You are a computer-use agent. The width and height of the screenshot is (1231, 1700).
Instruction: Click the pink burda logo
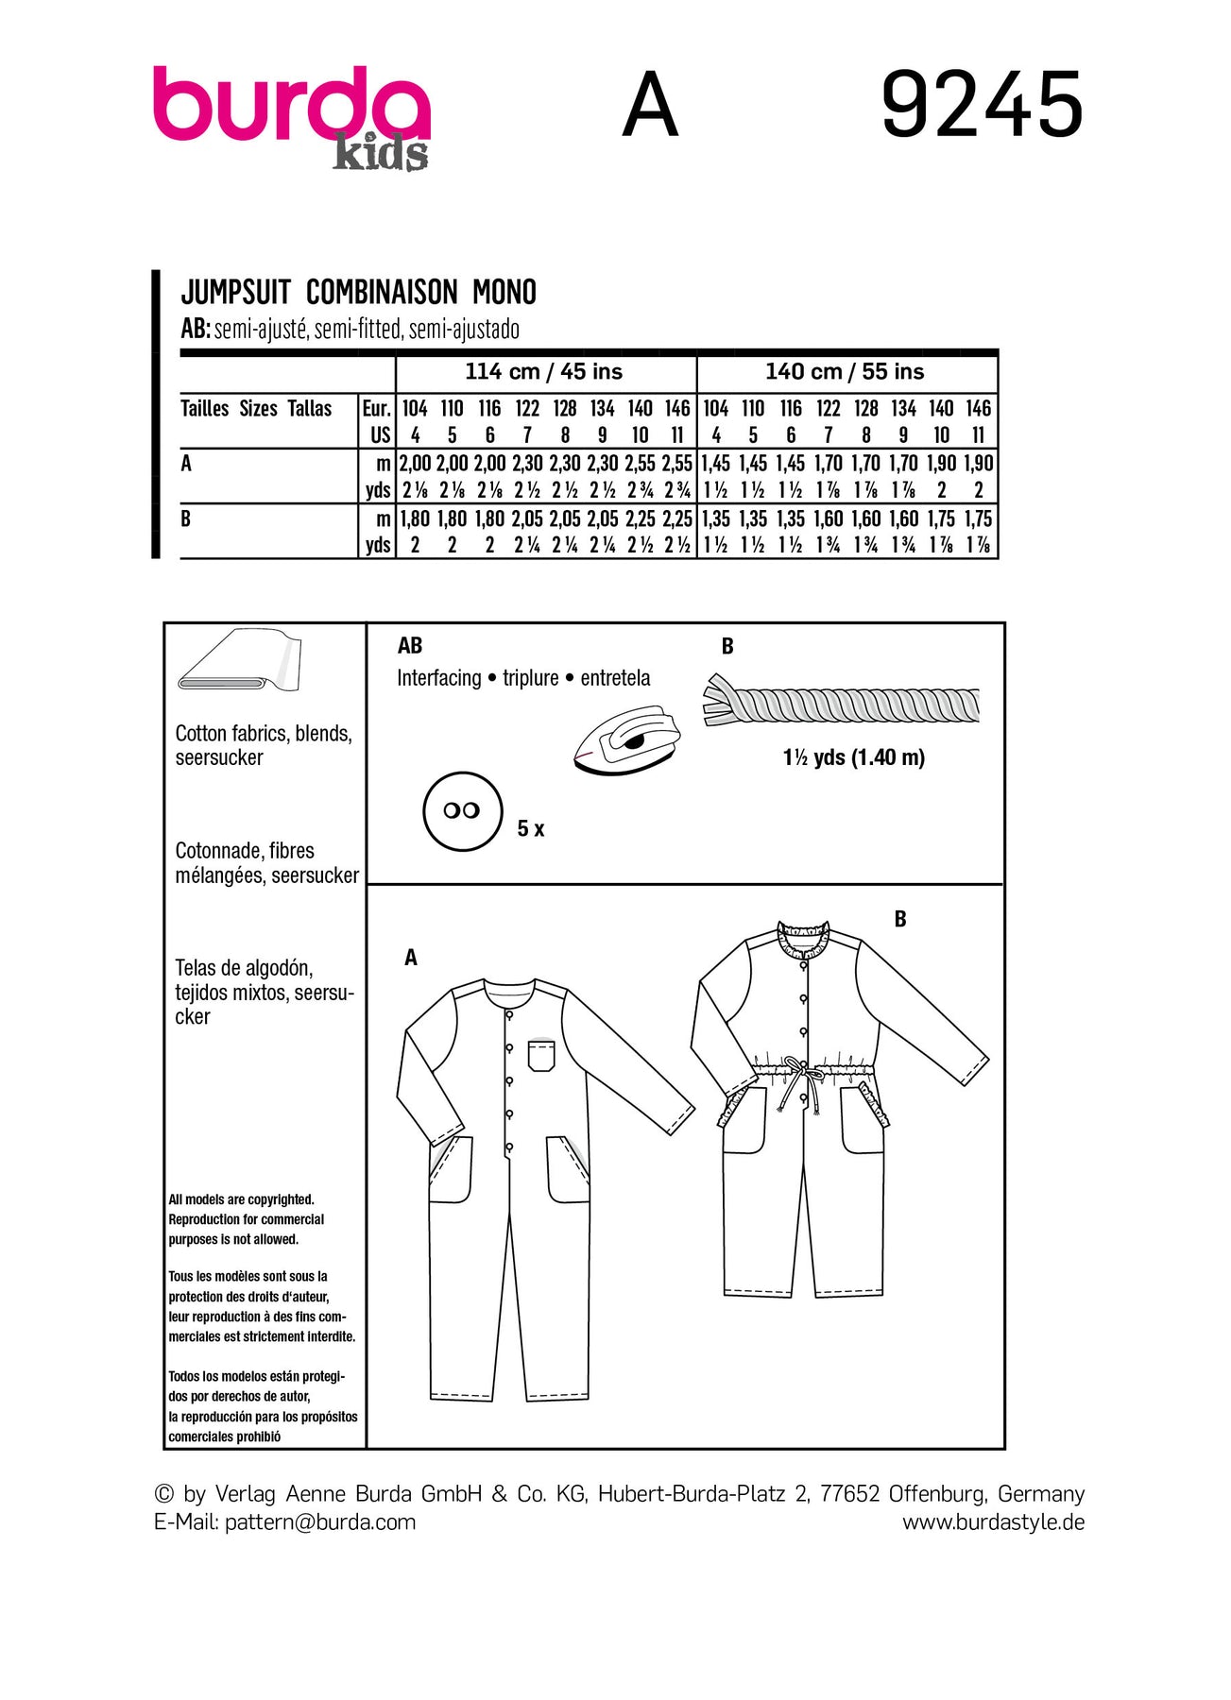pos(291,104)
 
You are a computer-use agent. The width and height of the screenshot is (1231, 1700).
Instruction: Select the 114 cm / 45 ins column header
pos(543,372)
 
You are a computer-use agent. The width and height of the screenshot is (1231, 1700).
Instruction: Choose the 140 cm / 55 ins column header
pos(845,372)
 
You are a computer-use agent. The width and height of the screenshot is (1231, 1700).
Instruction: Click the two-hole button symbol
pos(462,811)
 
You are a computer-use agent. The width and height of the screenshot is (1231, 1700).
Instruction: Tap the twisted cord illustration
pos(841,703)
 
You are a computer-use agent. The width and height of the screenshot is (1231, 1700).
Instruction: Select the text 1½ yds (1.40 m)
pos(853,757)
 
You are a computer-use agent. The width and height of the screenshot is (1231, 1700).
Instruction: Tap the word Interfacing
pos(438,678)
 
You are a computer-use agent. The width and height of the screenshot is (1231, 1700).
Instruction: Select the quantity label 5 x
pos(531,829)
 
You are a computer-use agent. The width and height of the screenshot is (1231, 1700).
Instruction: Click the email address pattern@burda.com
pos(320,1521)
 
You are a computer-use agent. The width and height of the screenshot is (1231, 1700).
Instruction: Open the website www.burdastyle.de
pos(993,1521)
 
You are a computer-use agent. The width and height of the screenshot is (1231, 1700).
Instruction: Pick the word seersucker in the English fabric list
pos(219,757)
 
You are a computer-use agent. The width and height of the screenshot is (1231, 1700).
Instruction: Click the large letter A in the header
pos(650,106)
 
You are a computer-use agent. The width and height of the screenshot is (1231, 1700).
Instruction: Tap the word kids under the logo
pos(380,153)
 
